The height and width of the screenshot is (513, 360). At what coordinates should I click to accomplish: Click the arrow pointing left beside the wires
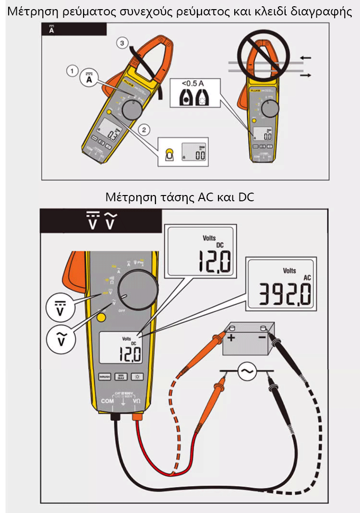(305, 58)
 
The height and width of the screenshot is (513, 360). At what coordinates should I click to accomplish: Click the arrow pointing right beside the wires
(305, 75)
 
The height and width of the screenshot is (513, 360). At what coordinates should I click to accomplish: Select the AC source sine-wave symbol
(247, 371)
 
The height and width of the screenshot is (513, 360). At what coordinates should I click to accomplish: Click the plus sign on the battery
(232, 337)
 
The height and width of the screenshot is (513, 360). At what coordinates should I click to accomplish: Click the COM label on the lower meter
(107, 400)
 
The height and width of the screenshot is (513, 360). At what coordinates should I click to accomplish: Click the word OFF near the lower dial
(122, 312)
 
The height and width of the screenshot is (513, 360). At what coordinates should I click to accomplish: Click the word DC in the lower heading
(246, 197)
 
